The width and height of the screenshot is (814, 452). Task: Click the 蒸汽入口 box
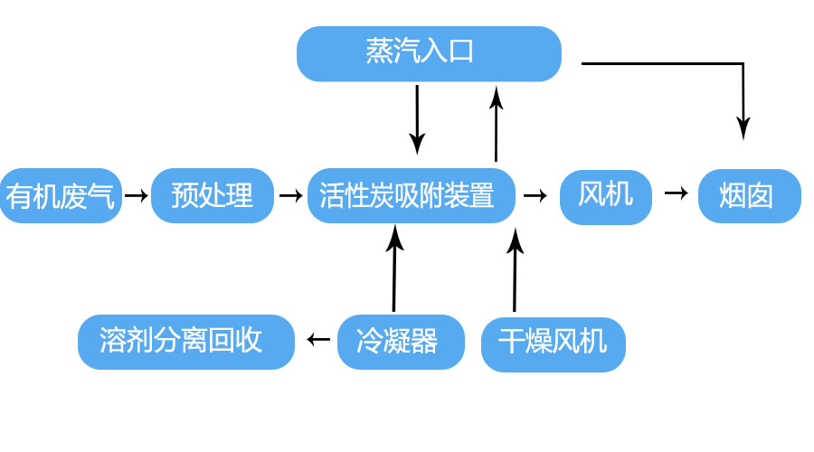[x=429, y=53]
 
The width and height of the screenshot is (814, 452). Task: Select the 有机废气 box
[x=62, y=195]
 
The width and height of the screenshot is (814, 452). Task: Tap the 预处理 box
[x=213, y=195]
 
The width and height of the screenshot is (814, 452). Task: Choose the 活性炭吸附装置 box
[x=412, y=195]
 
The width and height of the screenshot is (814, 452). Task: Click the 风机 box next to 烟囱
[x=606, y=196]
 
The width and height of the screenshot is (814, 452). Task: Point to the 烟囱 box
[x=749, y=195]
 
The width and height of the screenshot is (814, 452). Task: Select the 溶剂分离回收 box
[x=185, y=342]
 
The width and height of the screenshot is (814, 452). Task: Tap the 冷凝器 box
[x=401, y=342]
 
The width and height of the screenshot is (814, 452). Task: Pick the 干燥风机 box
[x=553, y=343]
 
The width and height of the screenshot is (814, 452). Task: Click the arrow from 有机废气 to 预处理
[x=137, y=195]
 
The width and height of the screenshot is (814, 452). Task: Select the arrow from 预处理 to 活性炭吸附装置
[x=291, y=195]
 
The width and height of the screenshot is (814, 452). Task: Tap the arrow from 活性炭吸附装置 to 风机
[x=535, y=195]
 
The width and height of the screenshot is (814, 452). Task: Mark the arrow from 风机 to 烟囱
[x=677, y=193]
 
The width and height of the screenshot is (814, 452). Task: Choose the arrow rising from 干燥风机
[x=516, y=270]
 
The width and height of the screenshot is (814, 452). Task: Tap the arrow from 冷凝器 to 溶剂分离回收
[x=318, y=340]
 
